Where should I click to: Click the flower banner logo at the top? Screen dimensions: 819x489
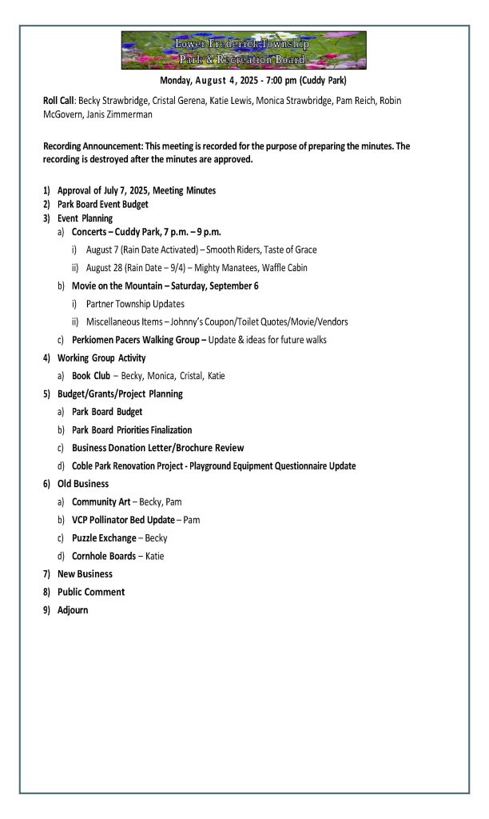pos(244,50)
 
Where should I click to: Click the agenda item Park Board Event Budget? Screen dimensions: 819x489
pos(103,204)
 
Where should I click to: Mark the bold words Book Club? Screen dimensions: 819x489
pos(90,375)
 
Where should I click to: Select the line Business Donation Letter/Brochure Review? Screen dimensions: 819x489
pos(157,448)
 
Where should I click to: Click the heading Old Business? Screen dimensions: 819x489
pos(83,484)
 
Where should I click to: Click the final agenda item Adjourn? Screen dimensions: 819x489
pos(73,609)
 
